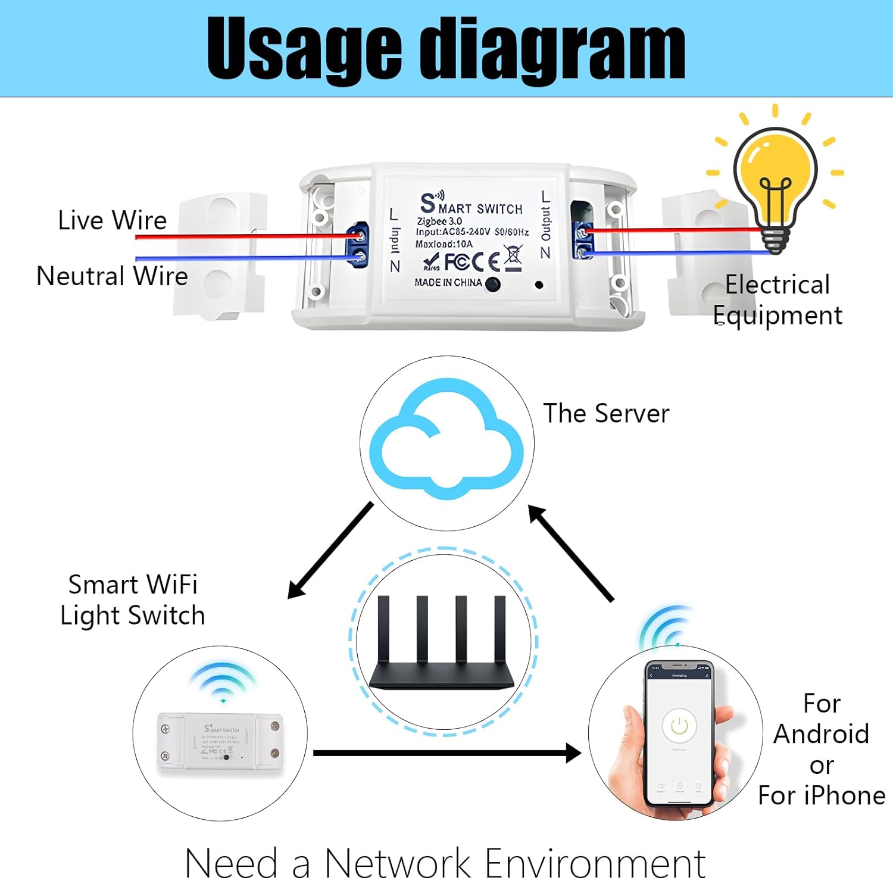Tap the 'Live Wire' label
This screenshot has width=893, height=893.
click(112, 220)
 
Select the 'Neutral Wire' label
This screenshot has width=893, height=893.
click(112, 276)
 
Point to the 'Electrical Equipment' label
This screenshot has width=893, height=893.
click(778, 300)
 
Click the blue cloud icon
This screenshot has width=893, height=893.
click(447, 441)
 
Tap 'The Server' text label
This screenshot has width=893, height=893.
click(606, 413)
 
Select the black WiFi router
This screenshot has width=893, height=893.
click(442, 646)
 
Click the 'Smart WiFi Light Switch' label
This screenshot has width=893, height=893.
click(133, 600)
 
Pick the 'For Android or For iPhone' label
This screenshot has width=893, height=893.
click(822, 749)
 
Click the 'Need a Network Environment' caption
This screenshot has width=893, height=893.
click(445, 863)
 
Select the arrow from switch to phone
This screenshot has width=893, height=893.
click(447, 753)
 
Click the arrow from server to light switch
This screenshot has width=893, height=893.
click(330, 551)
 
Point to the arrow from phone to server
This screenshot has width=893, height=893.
click(571, 554)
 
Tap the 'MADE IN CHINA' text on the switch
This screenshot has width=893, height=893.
click(448, 283)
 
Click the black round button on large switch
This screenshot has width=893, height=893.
click(493, 284)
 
